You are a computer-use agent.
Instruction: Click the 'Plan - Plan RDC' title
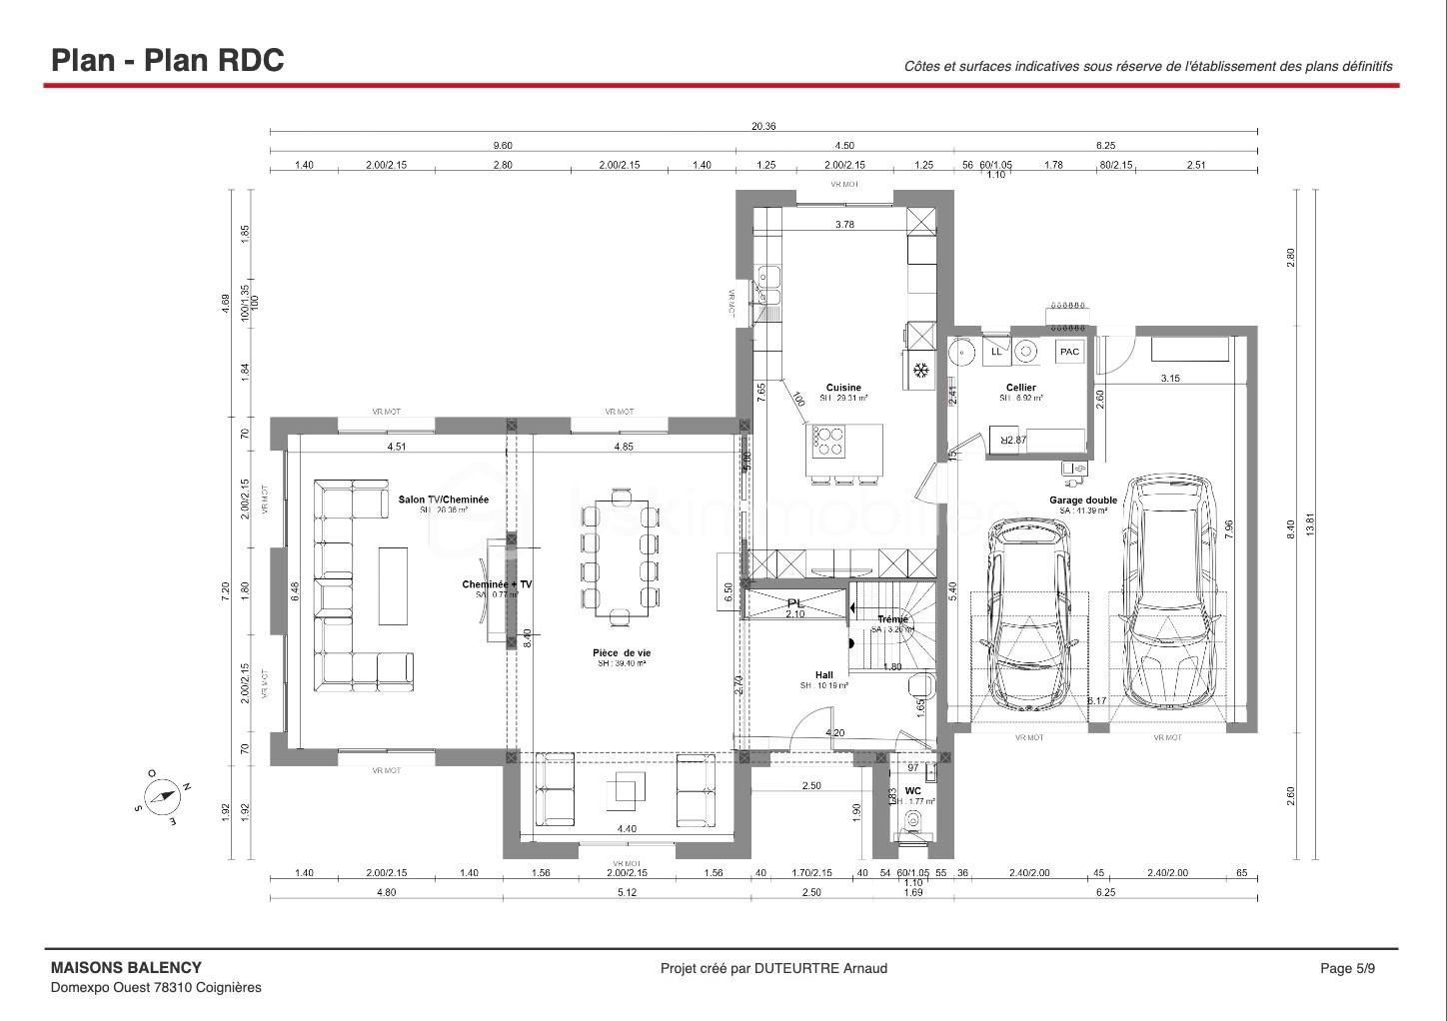(168, 60)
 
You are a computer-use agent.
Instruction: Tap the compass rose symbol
(161, 796)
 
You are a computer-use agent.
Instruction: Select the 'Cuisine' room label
(842, 388)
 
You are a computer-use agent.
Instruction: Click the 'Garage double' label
(1082, 501)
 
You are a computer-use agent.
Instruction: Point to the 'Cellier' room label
(1020, 388)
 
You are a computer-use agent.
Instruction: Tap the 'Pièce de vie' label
(622, 652)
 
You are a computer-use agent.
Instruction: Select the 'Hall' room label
(823, 675)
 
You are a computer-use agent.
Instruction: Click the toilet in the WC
(912, 821)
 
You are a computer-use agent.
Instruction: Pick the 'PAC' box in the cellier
(1069, 352)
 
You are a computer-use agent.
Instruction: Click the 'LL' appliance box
(995, 352)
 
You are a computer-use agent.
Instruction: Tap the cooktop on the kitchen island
(828, 441)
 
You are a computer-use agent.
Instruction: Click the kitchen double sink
(768, 285)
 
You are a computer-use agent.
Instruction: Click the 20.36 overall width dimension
(763, 126)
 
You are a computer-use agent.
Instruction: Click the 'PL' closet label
(795, 603)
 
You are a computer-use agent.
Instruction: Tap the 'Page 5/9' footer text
(1347, 968)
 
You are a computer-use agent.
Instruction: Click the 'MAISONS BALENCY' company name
(126, 967)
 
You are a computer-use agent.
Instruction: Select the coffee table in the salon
(393, 585)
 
